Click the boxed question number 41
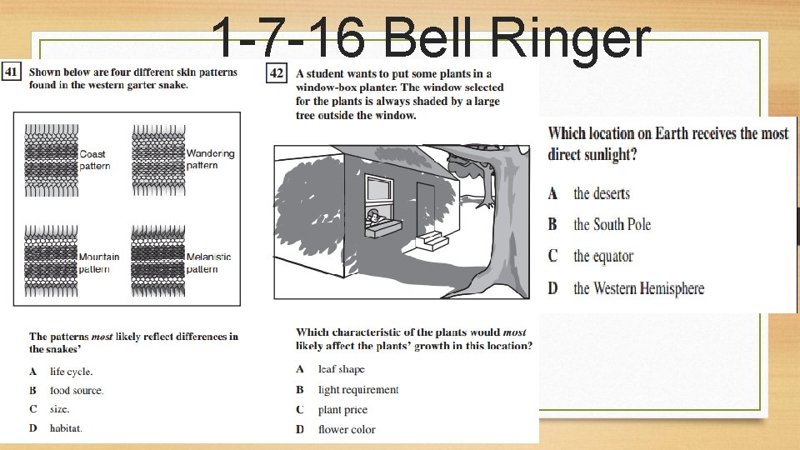pyautogui.click(x=12, y=72)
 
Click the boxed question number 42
pyautogui.click(x=276, y=73)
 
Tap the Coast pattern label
pyautogui.click(x=93, y=160)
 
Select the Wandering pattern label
pyautogui.click(x=210, y=159)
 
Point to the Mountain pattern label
pyautogui.click(x=98, y=262)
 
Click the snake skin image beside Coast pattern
pyautogui.click(x=50, y=160)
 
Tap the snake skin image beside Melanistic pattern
pyautogui.click(x=157, y=260)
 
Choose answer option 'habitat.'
pyautogui.click(x=66, y=428)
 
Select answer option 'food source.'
pyautogui.click(x=77, y=391)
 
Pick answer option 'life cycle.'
pyautogui.click(x=71, y=372)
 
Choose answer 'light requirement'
pyautogui.click(x=358, y=390)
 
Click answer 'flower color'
pyautogui.click(x=347, y=430)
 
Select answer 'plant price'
pyautogui.click(x=342, y=410)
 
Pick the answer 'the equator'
pyautogui.click(x=603, y=257)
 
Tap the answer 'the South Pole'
pyautogui.click(x=612, y=225)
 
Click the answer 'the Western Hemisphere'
pyautogui.click(x=638, y=289)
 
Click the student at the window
pyautogui.click(x=374, y=218)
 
